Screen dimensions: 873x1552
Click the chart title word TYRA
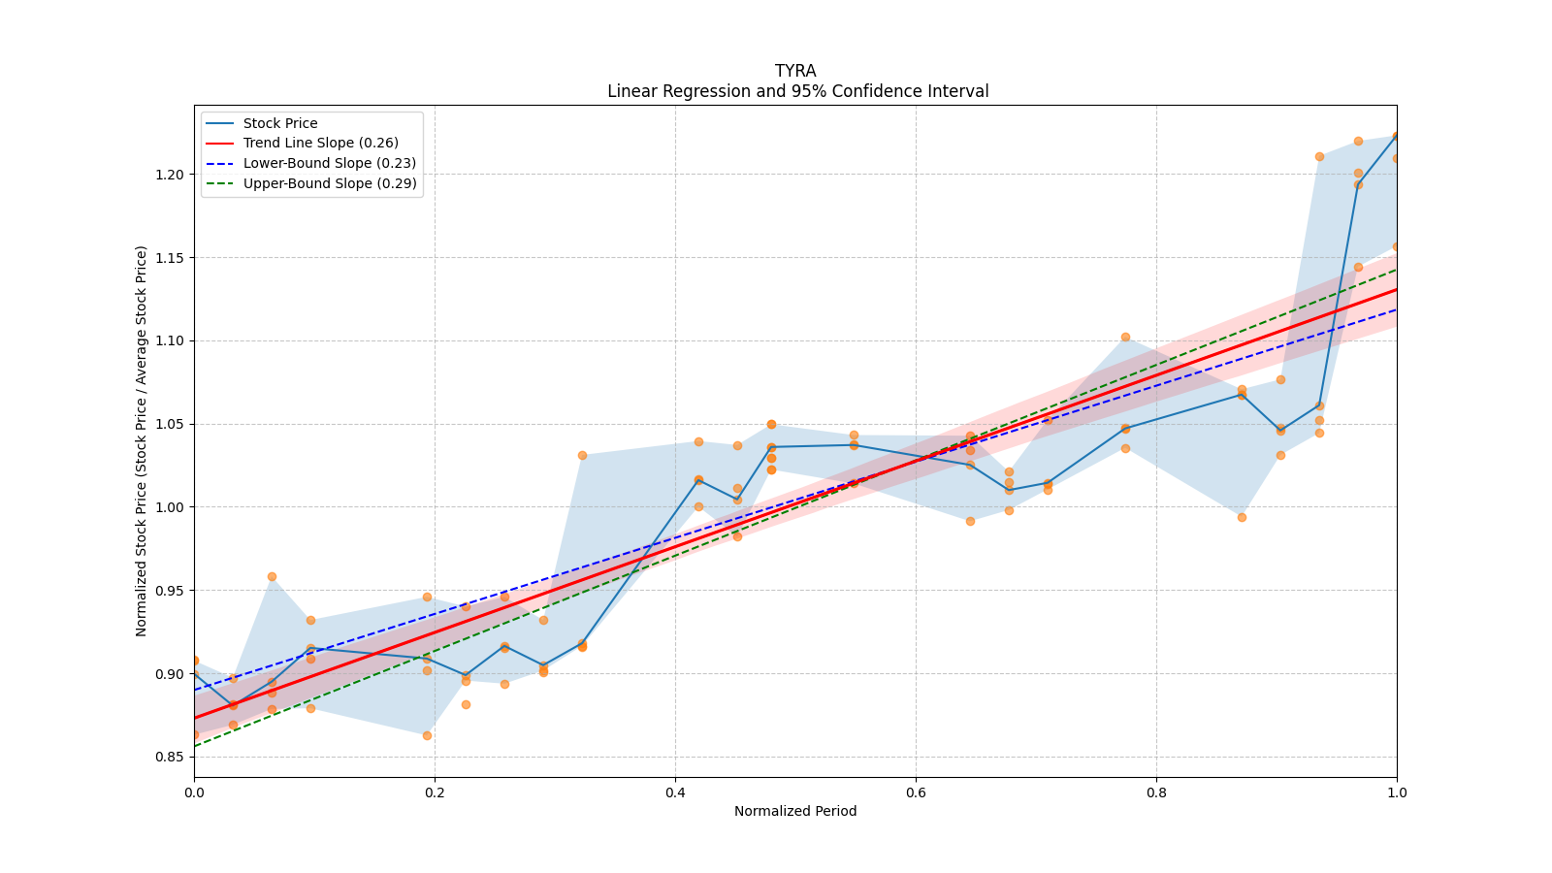[x=795, y=71]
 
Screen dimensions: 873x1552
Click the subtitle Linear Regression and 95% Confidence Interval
[x=797, y=91]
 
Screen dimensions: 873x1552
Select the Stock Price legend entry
[x=280, y=123]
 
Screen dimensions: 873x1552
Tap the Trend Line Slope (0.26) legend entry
[x=320, y=143]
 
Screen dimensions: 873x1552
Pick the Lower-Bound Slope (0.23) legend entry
[x=329, y=163]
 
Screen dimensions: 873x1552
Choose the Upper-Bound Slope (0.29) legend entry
[x=330, y=183]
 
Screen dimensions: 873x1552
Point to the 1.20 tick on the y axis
[x=170, y=175]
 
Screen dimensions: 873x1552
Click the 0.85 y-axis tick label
[x=170, y=757]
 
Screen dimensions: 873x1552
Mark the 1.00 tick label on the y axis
[x=170, y=507]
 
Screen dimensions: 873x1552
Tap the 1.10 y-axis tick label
[x=170, y=340]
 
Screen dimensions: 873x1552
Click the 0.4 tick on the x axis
[x=675, y=792]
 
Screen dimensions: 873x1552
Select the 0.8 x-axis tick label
[x=1156, y=792]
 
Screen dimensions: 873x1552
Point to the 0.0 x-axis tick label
[x=194, y=792]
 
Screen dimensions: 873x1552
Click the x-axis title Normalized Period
[x=795, y=811]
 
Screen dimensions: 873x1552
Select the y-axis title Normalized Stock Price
[x=142, y=440]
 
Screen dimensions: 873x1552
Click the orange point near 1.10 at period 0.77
[x=1125, y=337]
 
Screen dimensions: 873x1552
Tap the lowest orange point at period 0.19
[x=427, y=735]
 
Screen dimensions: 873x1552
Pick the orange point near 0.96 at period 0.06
[x=272, y=576]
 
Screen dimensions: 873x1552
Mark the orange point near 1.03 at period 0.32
[x=582, y=455]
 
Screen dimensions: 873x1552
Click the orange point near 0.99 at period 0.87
[x=1242, y=517]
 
